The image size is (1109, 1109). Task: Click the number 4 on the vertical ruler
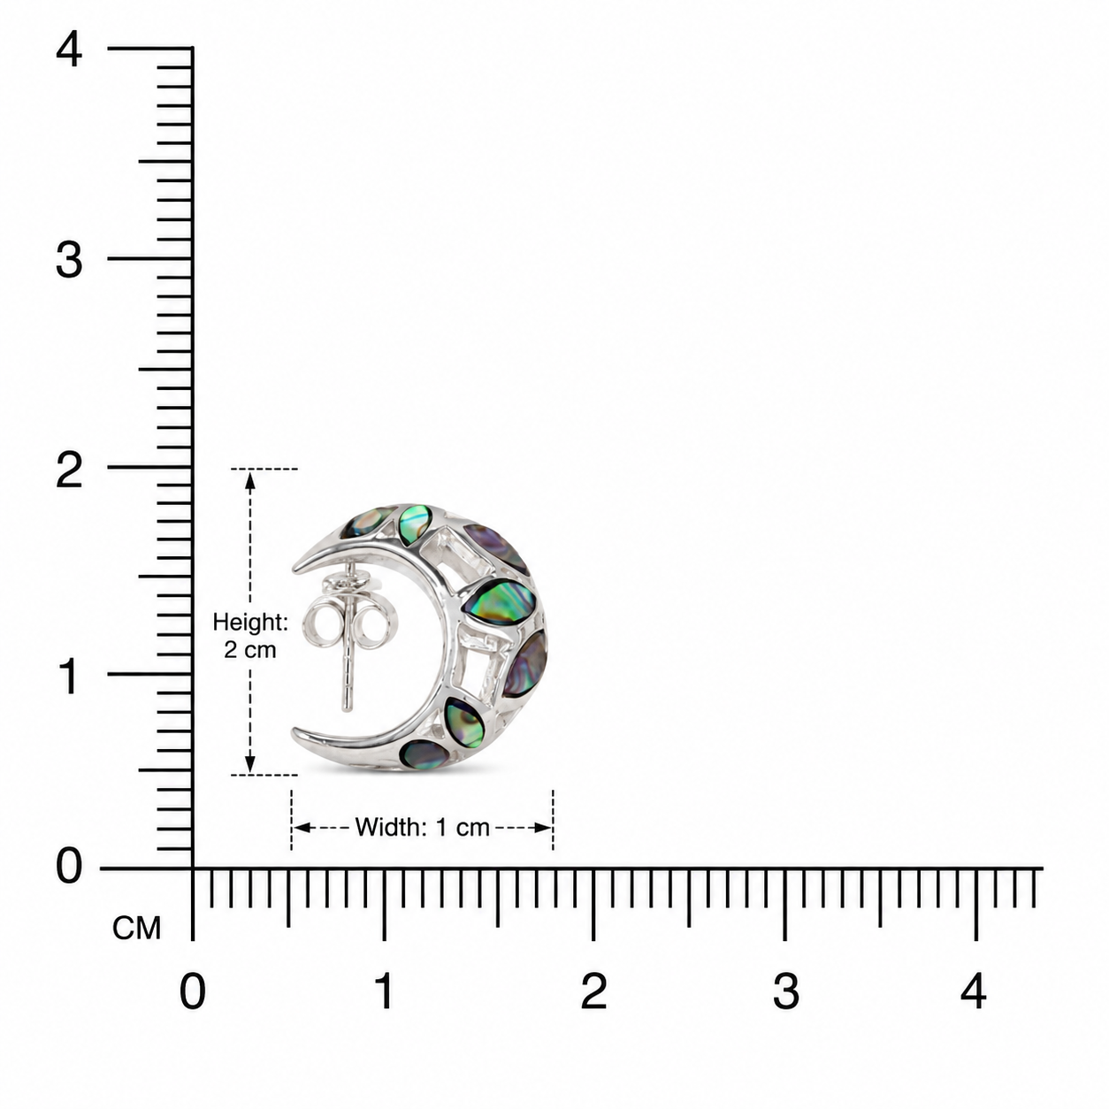(69, 50)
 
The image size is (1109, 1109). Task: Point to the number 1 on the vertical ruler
(69, 677)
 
